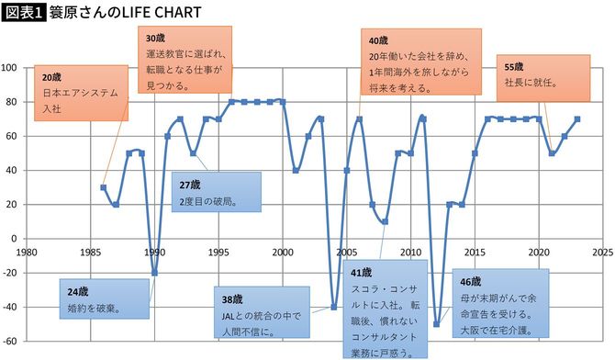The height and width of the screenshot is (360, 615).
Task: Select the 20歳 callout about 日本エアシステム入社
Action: click(x=80, y=93)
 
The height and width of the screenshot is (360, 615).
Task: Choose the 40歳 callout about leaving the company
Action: click(x=420, y=63)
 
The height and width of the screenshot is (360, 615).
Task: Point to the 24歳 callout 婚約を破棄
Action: click(x=105, y=299)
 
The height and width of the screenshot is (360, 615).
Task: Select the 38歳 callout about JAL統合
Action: click(x=264, y=314)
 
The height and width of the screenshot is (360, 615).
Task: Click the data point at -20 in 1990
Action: click(x=154, y=272)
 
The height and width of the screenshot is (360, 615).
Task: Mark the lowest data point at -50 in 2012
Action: click(x=437, y=323)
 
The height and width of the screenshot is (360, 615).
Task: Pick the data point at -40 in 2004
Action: click(x=334, y=307)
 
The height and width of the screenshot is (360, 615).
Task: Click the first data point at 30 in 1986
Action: click(x=103, y=187)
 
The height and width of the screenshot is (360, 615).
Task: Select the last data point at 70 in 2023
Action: click(x=577, y=118)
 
